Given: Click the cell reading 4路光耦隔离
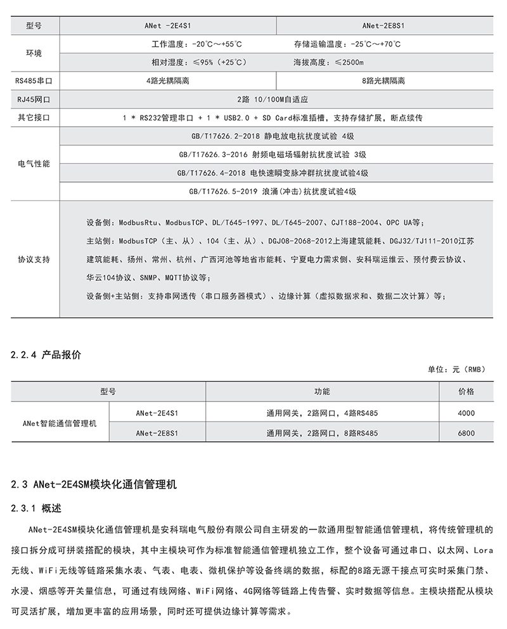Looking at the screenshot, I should (167, 81).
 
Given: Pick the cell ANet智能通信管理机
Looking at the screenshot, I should (60, 423).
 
